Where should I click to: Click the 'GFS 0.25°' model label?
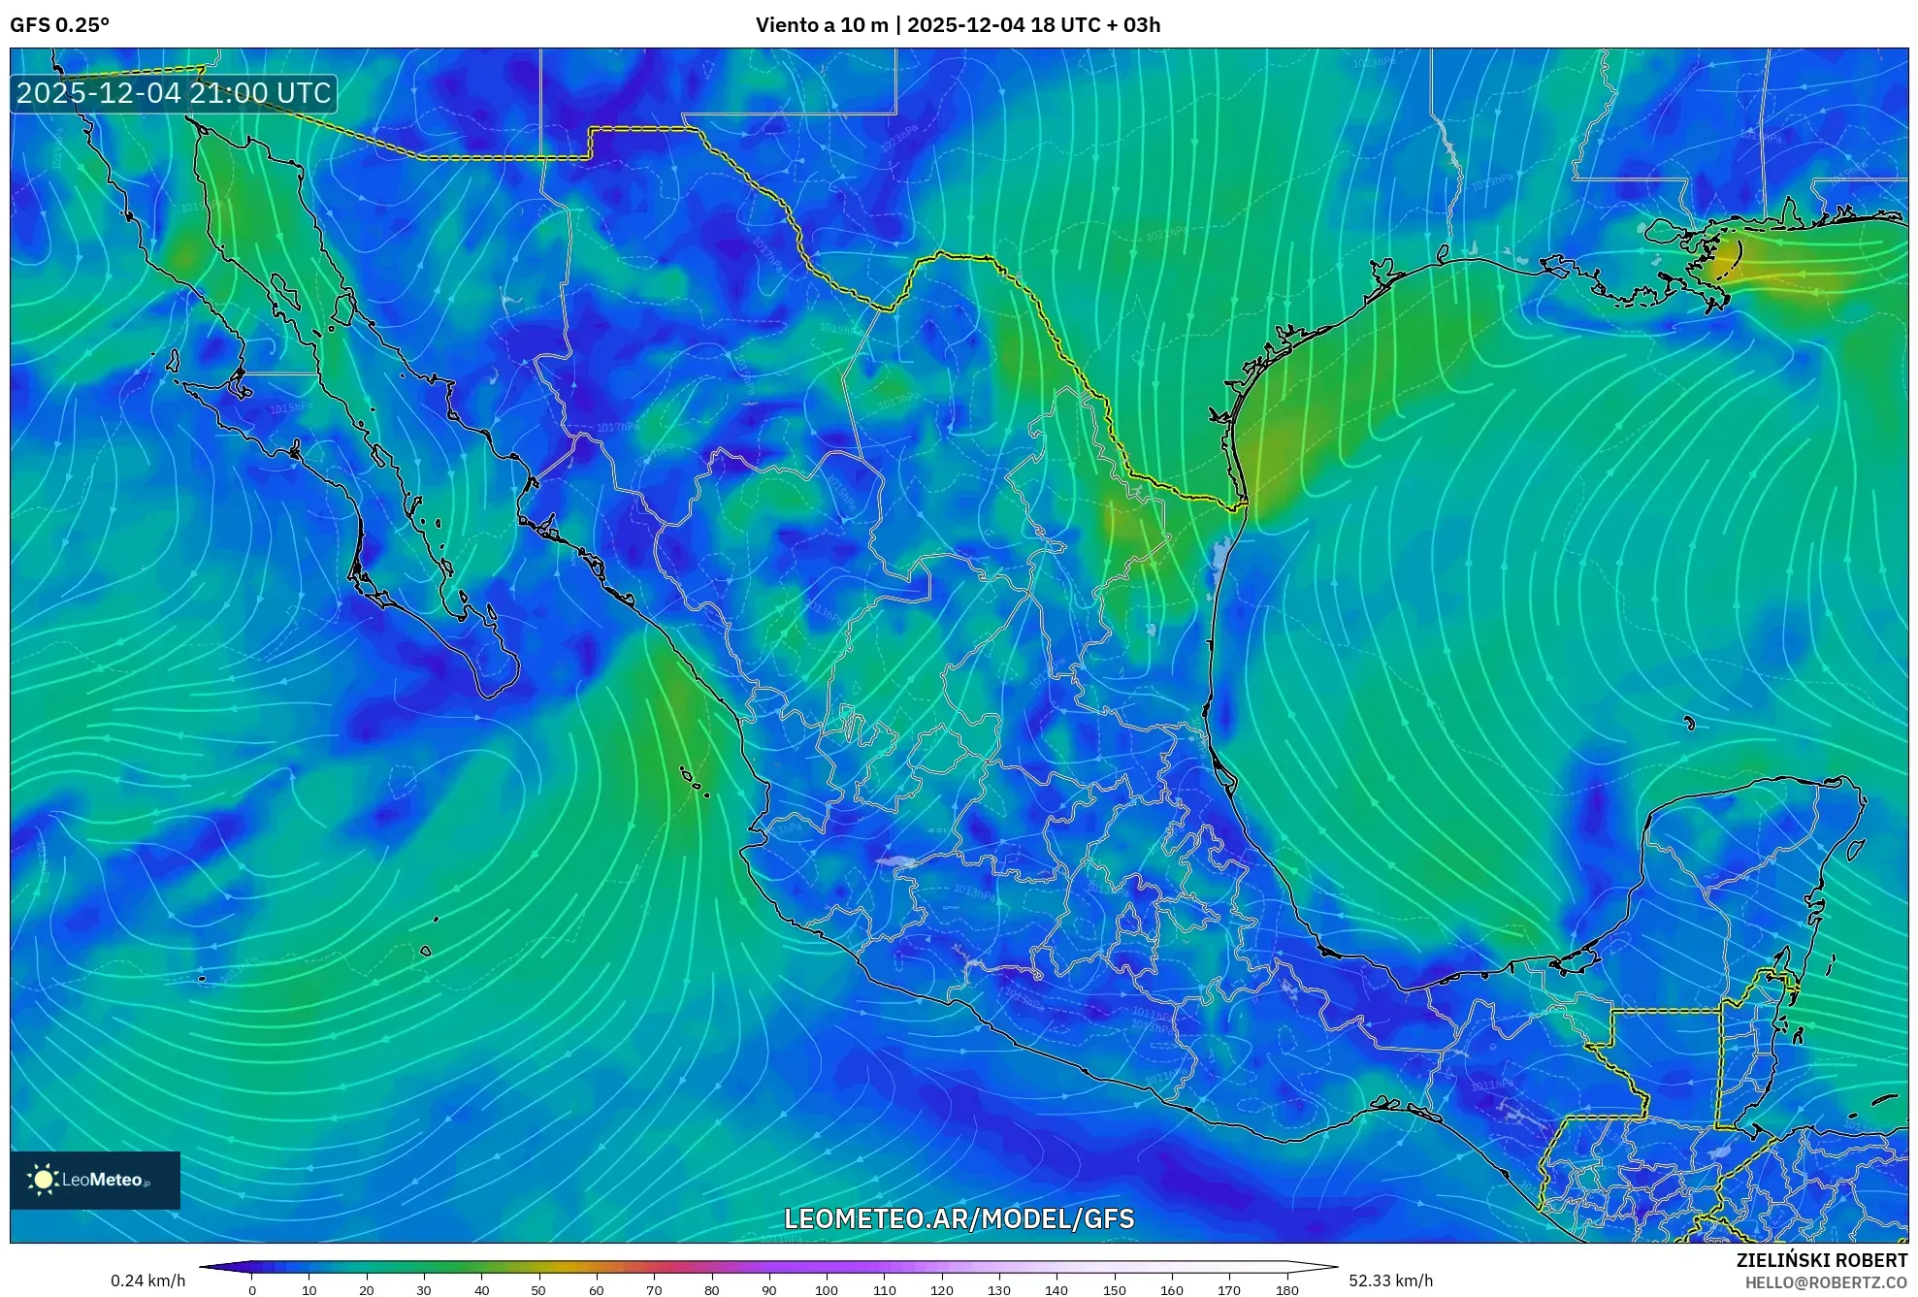coord(59,25)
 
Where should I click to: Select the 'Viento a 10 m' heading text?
coord(822,25)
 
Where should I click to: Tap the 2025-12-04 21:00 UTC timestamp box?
coord(174,93)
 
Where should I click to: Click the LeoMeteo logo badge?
coord(95,1180)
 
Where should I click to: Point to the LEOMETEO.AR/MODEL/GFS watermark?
coord(959,1218)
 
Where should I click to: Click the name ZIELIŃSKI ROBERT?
coord(1821,1260)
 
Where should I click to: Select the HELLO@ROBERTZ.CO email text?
coord(1826,1282)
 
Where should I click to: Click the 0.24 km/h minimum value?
coord(147,1281)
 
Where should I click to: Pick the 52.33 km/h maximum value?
coord(1390,1281)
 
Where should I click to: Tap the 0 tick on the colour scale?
coord(252,1290)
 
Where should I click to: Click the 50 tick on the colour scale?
coord(538,1290)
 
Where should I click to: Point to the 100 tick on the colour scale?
coord(826,1290)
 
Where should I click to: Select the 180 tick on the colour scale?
coord(1286,1290)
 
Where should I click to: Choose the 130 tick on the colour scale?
coord(998,1290)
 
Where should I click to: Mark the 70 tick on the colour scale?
coord(654,1290)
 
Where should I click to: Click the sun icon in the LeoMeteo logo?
coord(43,1180)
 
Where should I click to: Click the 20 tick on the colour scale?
coord(367,1290)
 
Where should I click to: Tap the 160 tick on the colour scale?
coord(1171,1290)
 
